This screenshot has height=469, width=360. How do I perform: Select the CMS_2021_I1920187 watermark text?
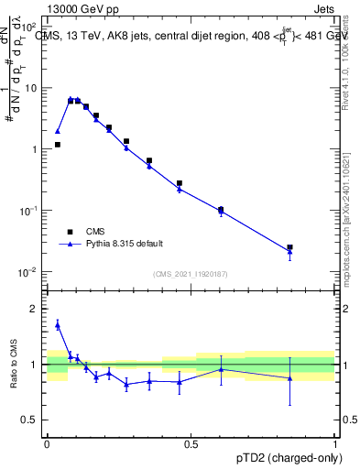tap(191, 273)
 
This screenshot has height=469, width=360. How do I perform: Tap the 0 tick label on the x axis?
tap(47, 444)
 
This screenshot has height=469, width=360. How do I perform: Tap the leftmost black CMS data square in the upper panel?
tap(57, 145)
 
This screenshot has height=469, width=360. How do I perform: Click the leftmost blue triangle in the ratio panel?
tap(57, 324)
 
